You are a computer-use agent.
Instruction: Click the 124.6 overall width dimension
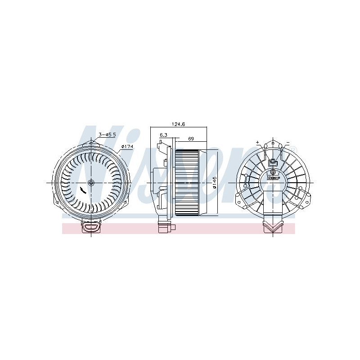click(x=179, y=124)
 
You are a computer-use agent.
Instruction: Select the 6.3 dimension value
click(x=163, y=135)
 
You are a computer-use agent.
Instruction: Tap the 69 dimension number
click(x=190, y=139)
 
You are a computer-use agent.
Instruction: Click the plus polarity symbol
click(x=258, y=143)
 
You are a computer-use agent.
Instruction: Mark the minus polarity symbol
click(x=287, y=143)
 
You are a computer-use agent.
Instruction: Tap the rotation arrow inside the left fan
click(x=82, y=190)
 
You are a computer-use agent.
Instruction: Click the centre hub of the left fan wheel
click(x=92, y=183)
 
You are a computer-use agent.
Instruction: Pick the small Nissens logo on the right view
click(x=273, y=177)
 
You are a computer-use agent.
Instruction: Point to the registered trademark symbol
click(x=295, y=149)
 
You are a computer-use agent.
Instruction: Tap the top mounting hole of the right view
click(x=273, y=143)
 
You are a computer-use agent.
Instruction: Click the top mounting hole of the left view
click(x=92, y=143)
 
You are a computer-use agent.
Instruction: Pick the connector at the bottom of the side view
click(x=164, y=227)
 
